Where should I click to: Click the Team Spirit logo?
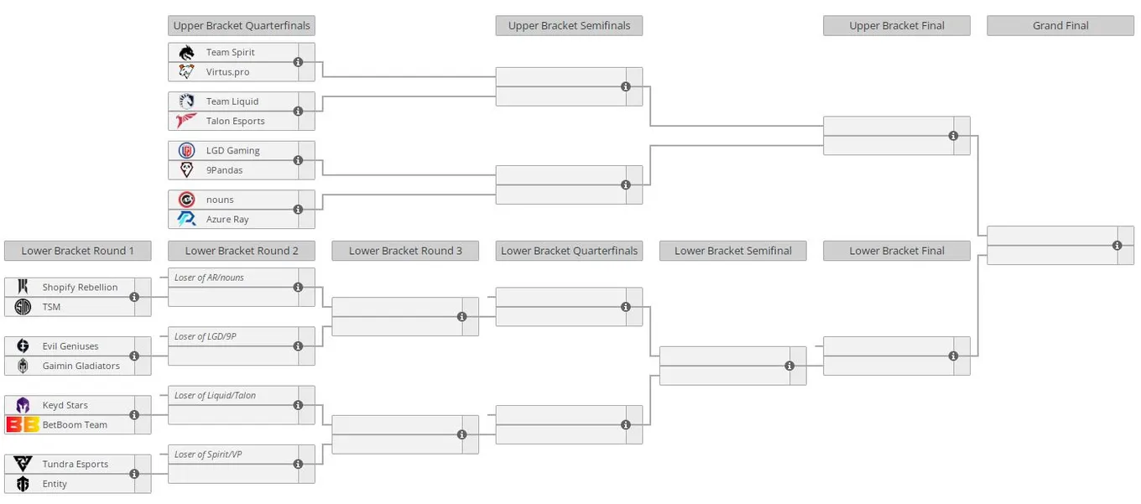tap(186, 53)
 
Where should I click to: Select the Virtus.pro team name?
tap(227, 72)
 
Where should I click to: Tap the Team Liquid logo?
tap(186, 101)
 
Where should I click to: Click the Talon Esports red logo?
tap(186, 121)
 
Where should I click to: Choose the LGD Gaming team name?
tap(232, 150)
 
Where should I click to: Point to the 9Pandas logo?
tap(186, 170)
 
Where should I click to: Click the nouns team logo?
tap(186, 200)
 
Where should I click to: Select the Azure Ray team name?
tap(227, 220)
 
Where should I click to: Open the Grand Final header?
tap(1060, 25)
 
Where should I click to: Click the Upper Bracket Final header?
tap(897, 25)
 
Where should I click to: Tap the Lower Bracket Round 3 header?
tap(405, 251)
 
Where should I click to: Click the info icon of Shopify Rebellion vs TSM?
tap(134, 297)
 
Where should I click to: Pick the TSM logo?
tap(23, 307)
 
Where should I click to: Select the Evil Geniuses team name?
tap(70, 346)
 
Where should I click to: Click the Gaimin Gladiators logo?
tap(23, 366)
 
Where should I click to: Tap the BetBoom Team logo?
tap(23, 424)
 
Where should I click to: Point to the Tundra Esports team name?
tap(76, 464)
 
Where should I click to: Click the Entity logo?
tap(23, 484)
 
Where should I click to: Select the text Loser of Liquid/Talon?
tap(215, 395)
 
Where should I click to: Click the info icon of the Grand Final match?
tap(1117, 246)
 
